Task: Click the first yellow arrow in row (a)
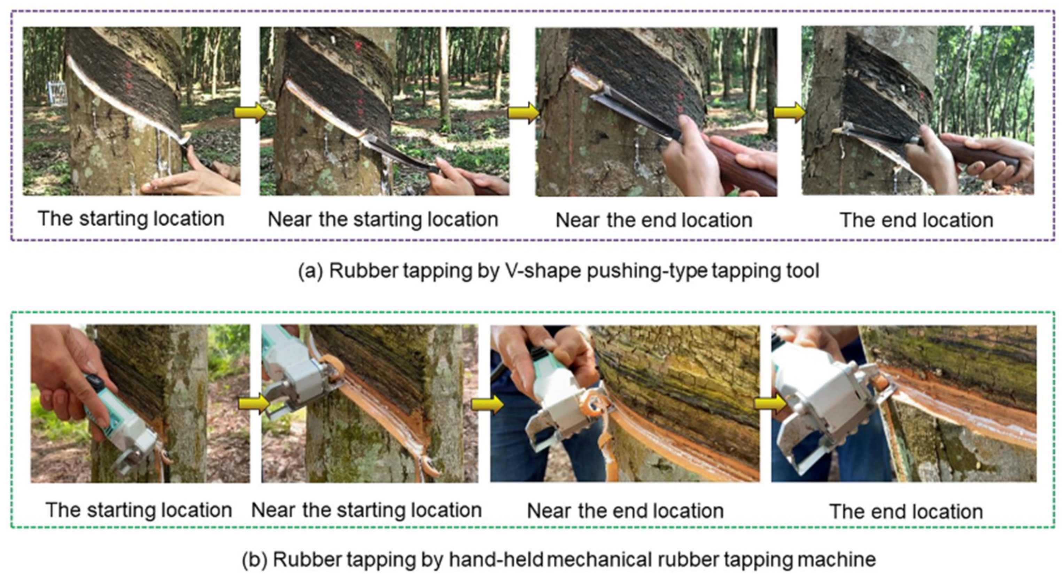click(250, 112)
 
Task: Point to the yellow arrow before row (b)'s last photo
click(770, 403)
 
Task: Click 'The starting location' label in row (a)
click(131, 219)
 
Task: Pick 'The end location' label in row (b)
click(906, 511)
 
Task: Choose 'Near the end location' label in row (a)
click(654, 220)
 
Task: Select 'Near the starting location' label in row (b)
click(366, 510)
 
